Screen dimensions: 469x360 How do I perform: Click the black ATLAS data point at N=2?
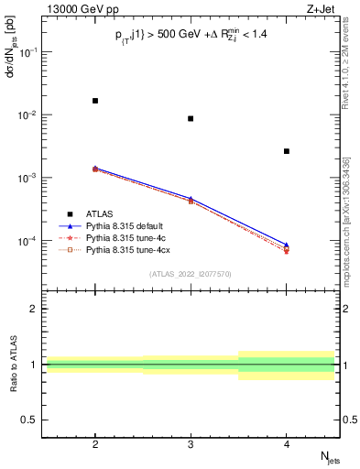(95, 101)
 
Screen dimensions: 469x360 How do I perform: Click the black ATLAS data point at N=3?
(191, 118)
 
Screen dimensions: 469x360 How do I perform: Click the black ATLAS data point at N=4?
(287, 151)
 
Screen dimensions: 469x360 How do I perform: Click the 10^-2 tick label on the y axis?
(28, 115)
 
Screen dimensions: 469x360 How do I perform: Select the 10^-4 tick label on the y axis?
(28, 241)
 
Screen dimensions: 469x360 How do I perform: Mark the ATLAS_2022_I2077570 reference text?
(191, 274)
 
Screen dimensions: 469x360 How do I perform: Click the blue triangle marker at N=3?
(191, 198)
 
